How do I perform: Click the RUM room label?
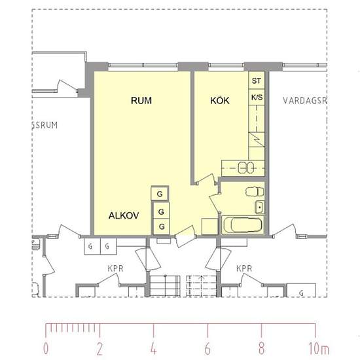[x=141, y=101]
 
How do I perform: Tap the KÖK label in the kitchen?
[x=220, y=101]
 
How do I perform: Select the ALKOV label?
[x=124, y=215]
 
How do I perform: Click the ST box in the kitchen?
[x=257, y=81]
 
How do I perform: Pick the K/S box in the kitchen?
[x=257, y=98]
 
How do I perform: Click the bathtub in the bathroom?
[x=242, y=225]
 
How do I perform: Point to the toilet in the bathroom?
[x=255, y=192]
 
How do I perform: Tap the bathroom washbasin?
[x=259, y=207]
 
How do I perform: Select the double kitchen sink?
[x=245, y=168]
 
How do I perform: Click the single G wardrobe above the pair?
[x=160, y=194]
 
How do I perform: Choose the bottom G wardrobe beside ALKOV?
[x=162, y=226]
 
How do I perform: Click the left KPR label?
[x=115, y=268]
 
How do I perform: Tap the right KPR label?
[x=244, y=268]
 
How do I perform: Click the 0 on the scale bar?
[x=46, y=348]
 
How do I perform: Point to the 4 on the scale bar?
[x=154, y=348]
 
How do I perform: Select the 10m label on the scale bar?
[x=319, y=348]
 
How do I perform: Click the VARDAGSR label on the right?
[x=304, y=101]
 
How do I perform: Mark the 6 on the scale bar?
[x=207, y=348]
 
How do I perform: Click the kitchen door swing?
[x=206, y=178]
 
